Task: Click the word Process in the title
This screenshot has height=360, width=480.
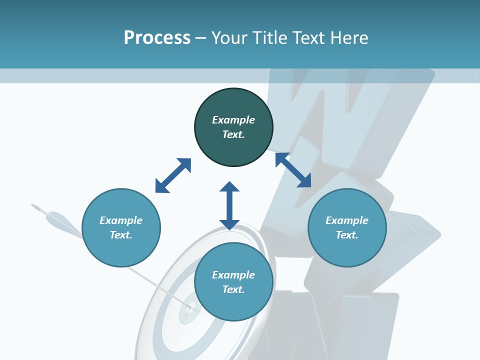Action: (157, 38)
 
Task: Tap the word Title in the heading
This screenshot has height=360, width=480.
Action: (269, 38)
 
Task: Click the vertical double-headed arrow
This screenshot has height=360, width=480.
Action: (229, 205)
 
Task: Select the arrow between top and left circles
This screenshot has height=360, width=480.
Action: (173, 175)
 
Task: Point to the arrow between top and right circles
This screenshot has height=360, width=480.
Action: (293, 170)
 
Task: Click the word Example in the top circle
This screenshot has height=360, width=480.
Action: (233, 120)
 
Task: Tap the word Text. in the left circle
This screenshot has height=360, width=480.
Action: (121, 235)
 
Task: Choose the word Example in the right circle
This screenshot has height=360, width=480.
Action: (347, 220)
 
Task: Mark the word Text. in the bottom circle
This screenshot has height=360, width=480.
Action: (233, 289)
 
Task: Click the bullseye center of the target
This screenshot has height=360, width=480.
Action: (190, 307)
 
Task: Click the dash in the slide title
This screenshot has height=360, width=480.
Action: (201, 38)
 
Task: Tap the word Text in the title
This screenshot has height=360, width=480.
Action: (307, 38)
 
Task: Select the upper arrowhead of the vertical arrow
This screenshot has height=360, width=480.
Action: (229, 187)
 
